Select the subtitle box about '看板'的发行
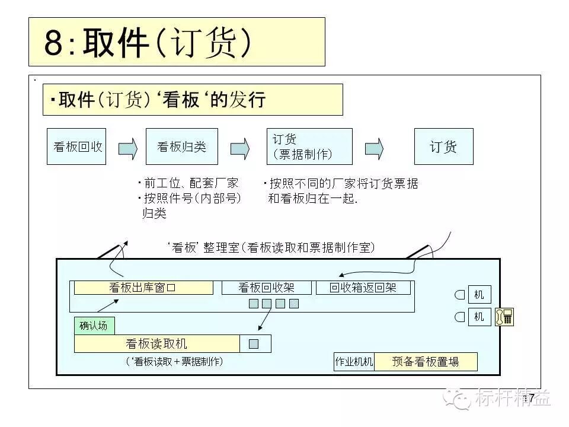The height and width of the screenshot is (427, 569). (193, 100)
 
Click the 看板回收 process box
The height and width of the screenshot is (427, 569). (76, 146)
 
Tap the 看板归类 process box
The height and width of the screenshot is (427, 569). (181, 146)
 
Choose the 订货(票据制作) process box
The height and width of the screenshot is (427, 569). (309, 146)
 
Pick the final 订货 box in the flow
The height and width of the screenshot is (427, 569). (443, 146)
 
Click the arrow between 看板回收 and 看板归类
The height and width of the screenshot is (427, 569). (127, 148)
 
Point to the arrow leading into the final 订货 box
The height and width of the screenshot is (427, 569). (373, 148)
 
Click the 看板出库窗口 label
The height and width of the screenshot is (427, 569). (143, 288)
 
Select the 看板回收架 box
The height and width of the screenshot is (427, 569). (266, 288)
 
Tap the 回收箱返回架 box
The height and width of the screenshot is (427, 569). (363, 288)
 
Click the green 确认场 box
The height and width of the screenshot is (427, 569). (94, 326)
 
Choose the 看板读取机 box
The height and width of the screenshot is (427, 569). (156, 344)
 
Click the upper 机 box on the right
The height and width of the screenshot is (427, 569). (479, 294)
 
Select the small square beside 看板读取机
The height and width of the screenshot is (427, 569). (254, 344)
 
